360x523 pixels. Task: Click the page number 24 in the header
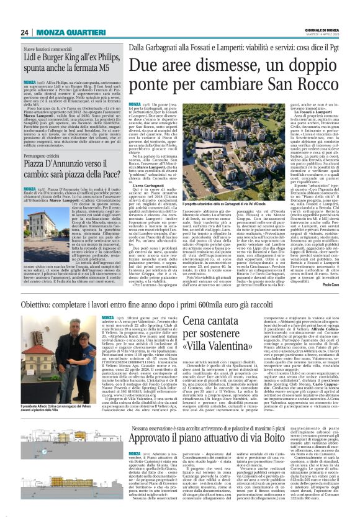click(x=24, y=32)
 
